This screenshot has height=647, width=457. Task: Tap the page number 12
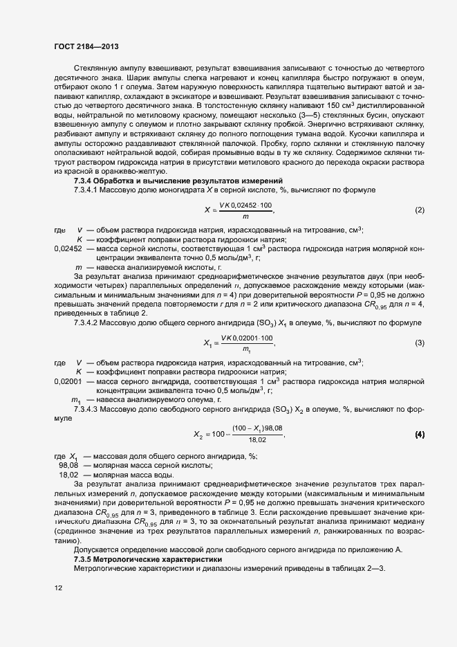tap(58, 588)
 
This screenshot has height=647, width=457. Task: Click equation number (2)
tap(420, 210)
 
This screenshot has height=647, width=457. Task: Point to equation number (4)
tap(420, 435)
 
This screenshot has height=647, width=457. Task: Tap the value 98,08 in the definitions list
tap(68, 466)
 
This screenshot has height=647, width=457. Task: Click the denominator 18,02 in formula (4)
tap(257, 439)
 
